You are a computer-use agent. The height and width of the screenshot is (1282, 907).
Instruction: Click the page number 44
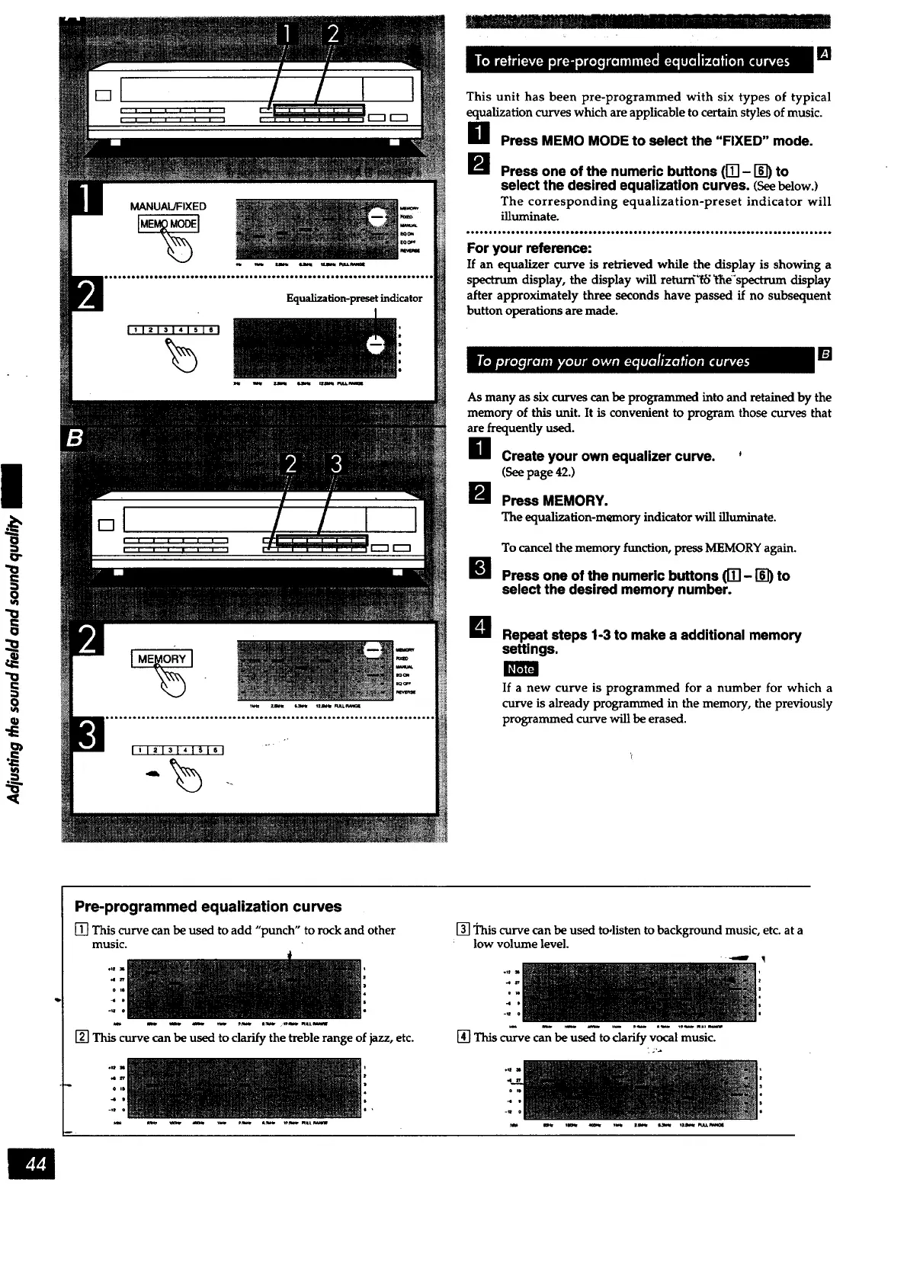pos(32,1164)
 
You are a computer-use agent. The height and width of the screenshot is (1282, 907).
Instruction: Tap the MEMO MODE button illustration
pos(168,223)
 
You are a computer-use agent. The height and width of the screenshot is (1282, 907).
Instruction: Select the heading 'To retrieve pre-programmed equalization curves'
pos(633,61)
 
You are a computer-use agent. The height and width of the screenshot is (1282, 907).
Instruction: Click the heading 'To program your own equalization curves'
pos(614,361)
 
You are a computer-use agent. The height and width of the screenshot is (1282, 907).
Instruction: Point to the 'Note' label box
pos(521,668)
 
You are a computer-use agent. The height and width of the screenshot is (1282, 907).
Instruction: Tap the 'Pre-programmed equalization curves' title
pos(208,906)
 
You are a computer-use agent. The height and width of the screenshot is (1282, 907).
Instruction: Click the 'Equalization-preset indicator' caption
pos(354,298)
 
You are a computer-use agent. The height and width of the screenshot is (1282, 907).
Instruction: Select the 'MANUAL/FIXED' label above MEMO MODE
pos(168,206)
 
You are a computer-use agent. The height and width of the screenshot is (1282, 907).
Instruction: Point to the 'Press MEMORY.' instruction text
pos(554,501)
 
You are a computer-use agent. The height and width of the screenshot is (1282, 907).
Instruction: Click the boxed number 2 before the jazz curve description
pos(81,1037)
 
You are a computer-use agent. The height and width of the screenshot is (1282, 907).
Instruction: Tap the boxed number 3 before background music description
pos(462,930)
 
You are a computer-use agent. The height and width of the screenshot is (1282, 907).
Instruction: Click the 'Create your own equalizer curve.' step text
pos(607,456)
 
